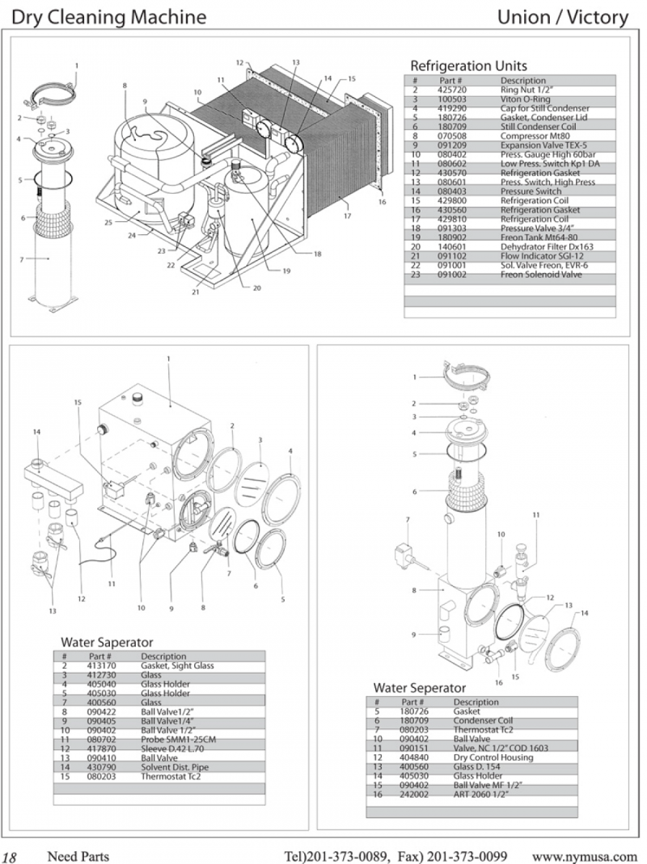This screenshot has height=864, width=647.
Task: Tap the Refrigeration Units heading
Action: [x=468, y=66]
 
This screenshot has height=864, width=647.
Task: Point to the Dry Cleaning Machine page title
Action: [x=108, y=17]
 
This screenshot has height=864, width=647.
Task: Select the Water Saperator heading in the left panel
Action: [x=106, y=642]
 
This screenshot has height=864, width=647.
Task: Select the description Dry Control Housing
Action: [x=493, y=758]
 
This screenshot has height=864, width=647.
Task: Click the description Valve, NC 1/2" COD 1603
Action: [x=500, y=748]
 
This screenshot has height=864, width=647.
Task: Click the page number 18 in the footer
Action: [x=11, y=856]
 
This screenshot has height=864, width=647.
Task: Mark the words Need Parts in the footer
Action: [x=78, y=856]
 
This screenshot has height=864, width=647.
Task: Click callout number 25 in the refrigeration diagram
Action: [x=109, y=222]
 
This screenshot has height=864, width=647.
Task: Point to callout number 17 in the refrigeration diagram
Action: [x=347, y=215]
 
